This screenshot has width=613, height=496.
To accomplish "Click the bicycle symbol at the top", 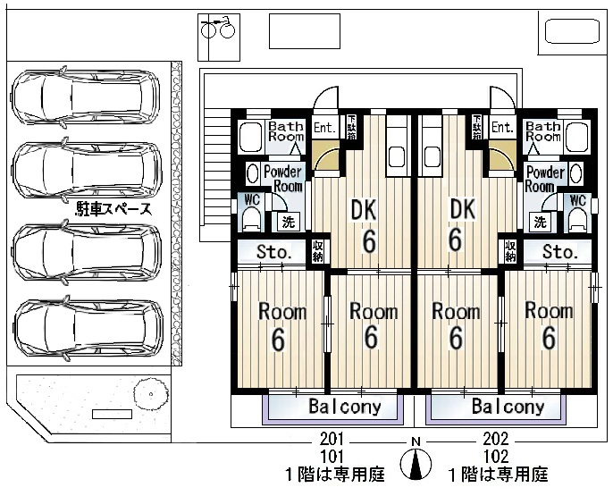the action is pyautogui.click(x=218, y=29).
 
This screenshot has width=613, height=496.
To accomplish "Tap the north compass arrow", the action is pyautogui.click(x=416, y=464).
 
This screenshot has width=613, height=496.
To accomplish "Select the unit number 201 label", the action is pyautogui.click(x=332, y=440).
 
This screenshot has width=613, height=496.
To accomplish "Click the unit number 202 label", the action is pyautogui.click(x=496, y=440).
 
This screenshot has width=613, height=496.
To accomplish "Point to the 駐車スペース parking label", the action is pyautogui.click(x=113, y=210).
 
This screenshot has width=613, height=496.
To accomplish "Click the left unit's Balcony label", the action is pyautogui.click(x=345, y=407).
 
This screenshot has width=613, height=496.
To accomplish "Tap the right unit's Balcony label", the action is pyautogui.click(x=508, y=407).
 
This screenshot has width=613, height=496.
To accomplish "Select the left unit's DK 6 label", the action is pyautogui.click(x=365, y=226).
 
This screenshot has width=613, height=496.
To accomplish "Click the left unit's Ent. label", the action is pyautogui.click(x=325, y=128).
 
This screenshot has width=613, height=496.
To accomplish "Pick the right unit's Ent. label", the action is pyautogui.click(x=503, y=127).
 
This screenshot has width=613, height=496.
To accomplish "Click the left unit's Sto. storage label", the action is pyautogui.click(x=273, y=252).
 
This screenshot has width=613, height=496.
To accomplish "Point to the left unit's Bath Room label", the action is pyautogui.click(x=286, y=131).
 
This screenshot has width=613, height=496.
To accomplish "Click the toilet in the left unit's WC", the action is pyautogui.click(x=252, y=218).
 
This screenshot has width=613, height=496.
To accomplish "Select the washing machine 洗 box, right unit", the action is pyautogui.click(x=540, y=223).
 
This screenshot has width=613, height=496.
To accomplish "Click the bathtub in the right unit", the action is pyautogui.click(x=577, y=137).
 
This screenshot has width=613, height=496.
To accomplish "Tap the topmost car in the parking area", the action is pyautogui.click(x=85, y=97).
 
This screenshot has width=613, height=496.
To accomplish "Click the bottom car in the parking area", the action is pyautogui.click(x=88, y=328).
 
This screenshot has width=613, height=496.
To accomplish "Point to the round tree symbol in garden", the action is pyautogui.click(x=150, y=393).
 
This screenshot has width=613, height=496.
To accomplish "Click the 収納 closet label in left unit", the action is pyautogui.click(x=317, y=251).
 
